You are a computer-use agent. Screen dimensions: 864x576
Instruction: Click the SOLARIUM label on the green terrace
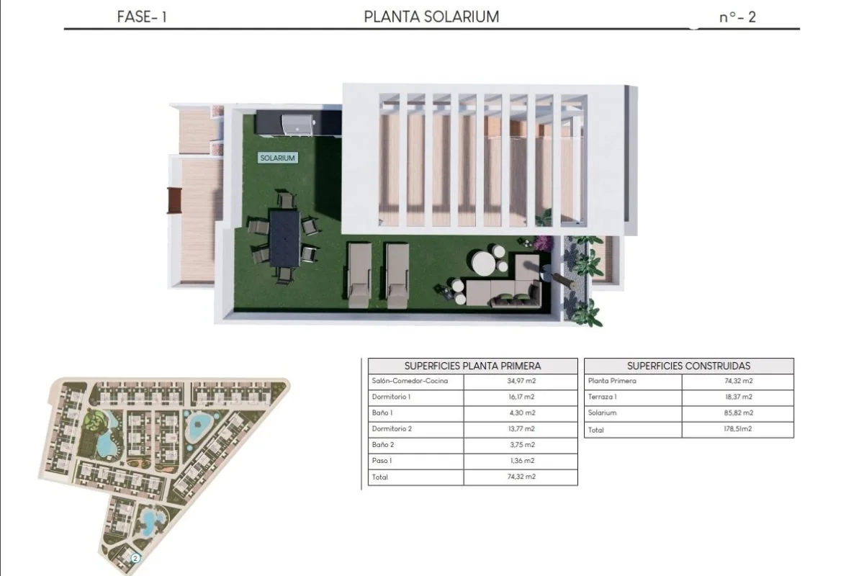(278, 158)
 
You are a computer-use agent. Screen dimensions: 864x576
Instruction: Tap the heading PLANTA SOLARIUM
(431, 17)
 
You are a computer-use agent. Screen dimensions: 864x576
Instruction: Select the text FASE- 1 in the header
(142, 17)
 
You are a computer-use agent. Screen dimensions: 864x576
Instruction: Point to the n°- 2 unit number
(737, 17)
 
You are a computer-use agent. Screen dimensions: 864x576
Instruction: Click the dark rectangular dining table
(284, 238)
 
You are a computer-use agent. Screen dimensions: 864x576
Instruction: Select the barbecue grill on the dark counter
(298, 125)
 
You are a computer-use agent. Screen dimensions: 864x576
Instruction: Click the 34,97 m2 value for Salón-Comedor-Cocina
(521, 381)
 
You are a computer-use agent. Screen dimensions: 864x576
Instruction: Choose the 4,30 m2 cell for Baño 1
(522, 413)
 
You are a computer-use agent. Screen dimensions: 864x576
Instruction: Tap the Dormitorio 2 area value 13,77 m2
(521, 428)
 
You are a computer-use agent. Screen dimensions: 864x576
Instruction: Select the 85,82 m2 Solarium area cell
(739, 413)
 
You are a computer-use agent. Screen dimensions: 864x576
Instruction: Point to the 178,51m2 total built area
(738, 428)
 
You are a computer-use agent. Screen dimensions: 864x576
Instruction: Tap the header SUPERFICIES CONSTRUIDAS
(689, 366)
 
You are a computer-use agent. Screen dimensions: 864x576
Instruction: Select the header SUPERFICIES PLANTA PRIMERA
(473, 366)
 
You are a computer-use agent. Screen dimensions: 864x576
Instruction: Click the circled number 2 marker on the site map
(135, 558)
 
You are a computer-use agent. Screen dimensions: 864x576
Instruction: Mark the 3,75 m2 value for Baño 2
(522, 445)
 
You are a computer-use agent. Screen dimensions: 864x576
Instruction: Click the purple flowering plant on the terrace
(544, 243)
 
